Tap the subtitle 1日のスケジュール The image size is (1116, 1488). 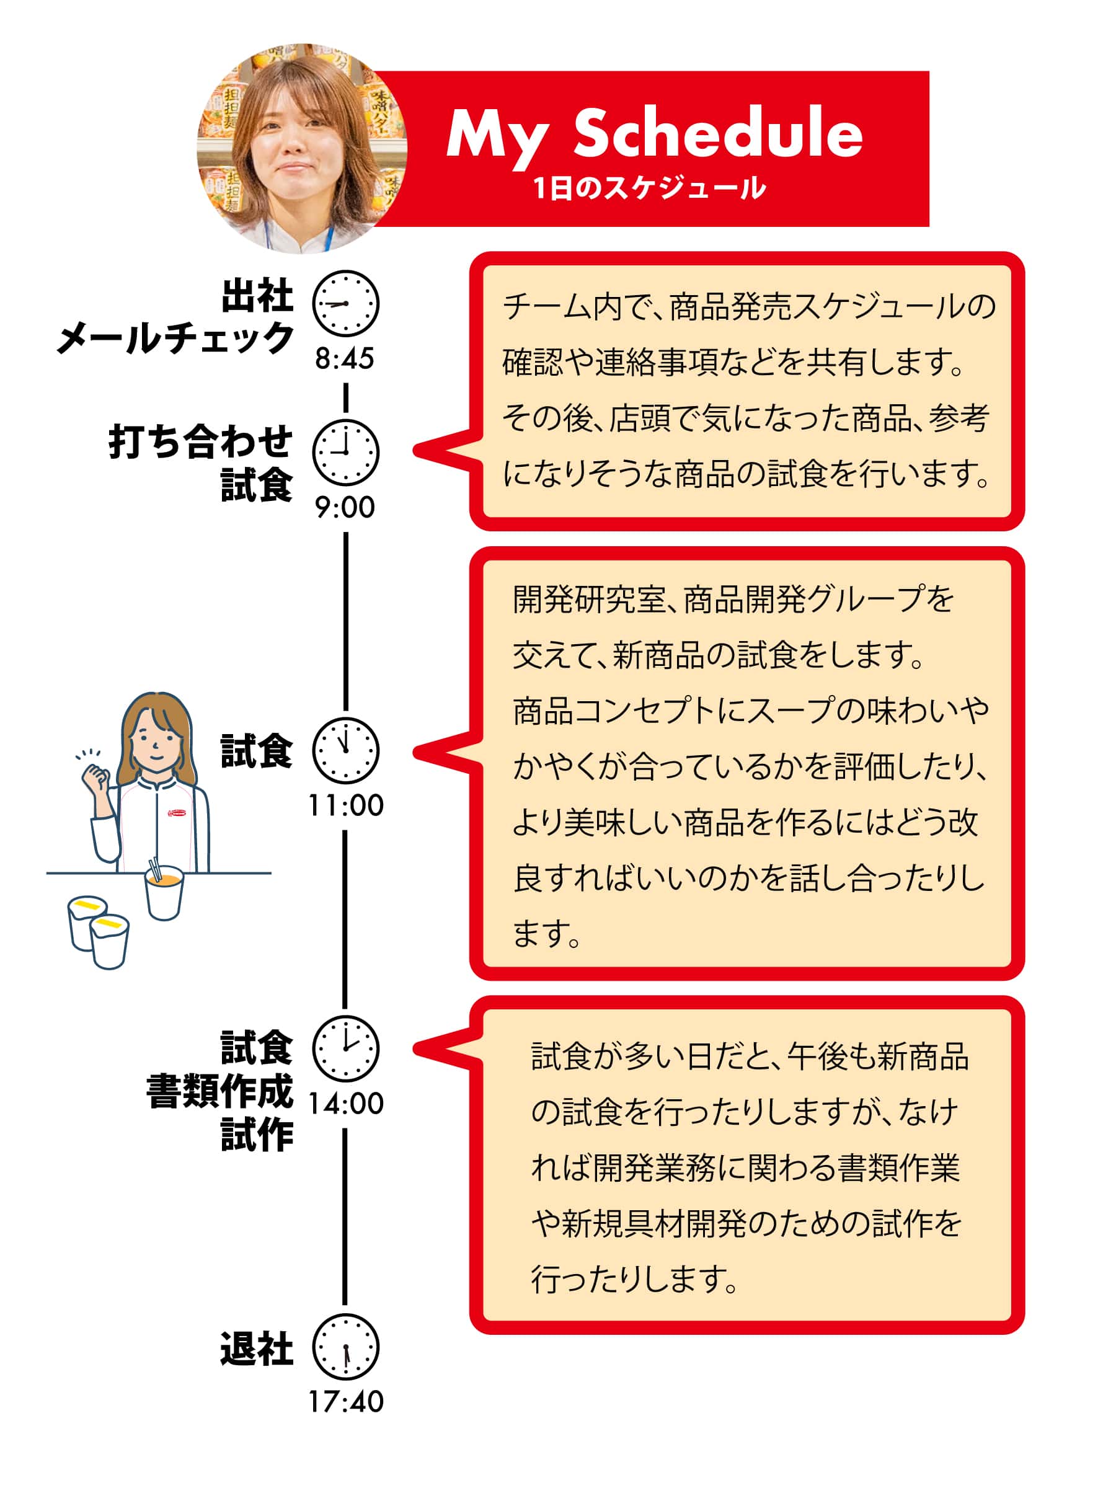click(x=649, y=188)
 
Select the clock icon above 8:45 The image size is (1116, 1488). click(x=345, y=303)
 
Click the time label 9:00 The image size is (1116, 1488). click(x=345, y=508)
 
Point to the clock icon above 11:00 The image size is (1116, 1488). click(x=345, y=750)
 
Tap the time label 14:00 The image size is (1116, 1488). click(x=345, y=1104)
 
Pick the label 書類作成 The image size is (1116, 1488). click(x=219, y=1091)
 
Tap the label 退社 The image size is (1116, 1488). click(x=256, y=1348)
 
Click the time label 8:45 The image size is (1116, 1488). click(x=345, y=358)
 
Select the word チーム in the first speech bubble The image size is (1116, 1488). click(x=548, y=307)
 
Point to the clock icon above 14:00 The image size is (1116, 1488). click(x=345, y=1049)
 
